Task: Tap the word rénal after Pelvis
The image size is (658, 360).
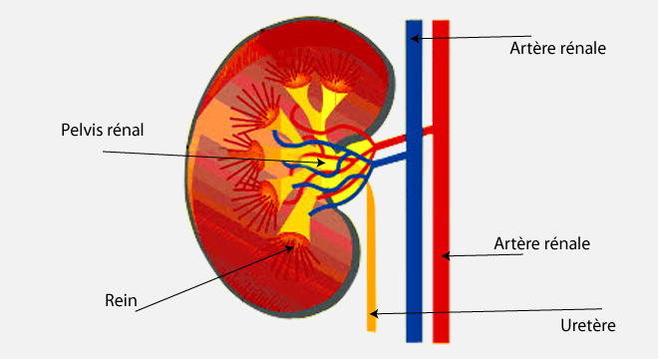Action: tap(126, 130)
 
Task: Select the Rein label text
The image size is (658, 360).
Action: tap(121, 300)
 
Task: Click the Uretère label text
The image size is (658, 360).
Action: tap(588, 325)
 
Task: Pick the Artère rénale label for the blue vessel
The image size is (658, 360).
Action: tap(557, 48)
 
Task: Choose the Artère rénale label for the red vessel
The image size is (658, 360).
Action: tap(541, 243)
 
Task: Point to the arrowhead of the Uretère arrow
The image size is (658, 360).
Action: tap(374, 313)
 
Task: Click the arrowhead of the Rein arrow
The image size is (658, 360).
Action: tap(290, 248)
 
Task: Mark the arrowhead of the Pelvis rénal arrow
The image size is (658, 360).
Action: tap(321, 163)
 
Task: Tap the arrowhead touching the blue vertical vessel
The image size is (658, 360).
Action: tap(414, 39)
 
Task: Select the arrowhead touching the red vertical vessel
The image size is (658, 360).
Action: tap(446, 255)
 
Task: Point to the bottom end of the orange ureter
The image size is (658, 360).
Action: tap(372, 331)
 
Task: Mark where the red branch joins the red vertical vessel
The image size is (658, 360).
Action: tap(433, 131)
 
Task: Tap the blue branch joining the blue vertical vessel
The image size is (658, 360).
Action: tap(390, 160)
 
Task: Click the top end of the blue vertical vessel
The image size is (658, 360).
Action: tap(414, 20)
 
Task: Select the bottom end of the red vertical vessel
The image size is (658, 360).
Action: tap(441, 342)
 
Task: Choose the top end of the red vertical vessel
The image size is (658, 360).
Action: tap(441, 20)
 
